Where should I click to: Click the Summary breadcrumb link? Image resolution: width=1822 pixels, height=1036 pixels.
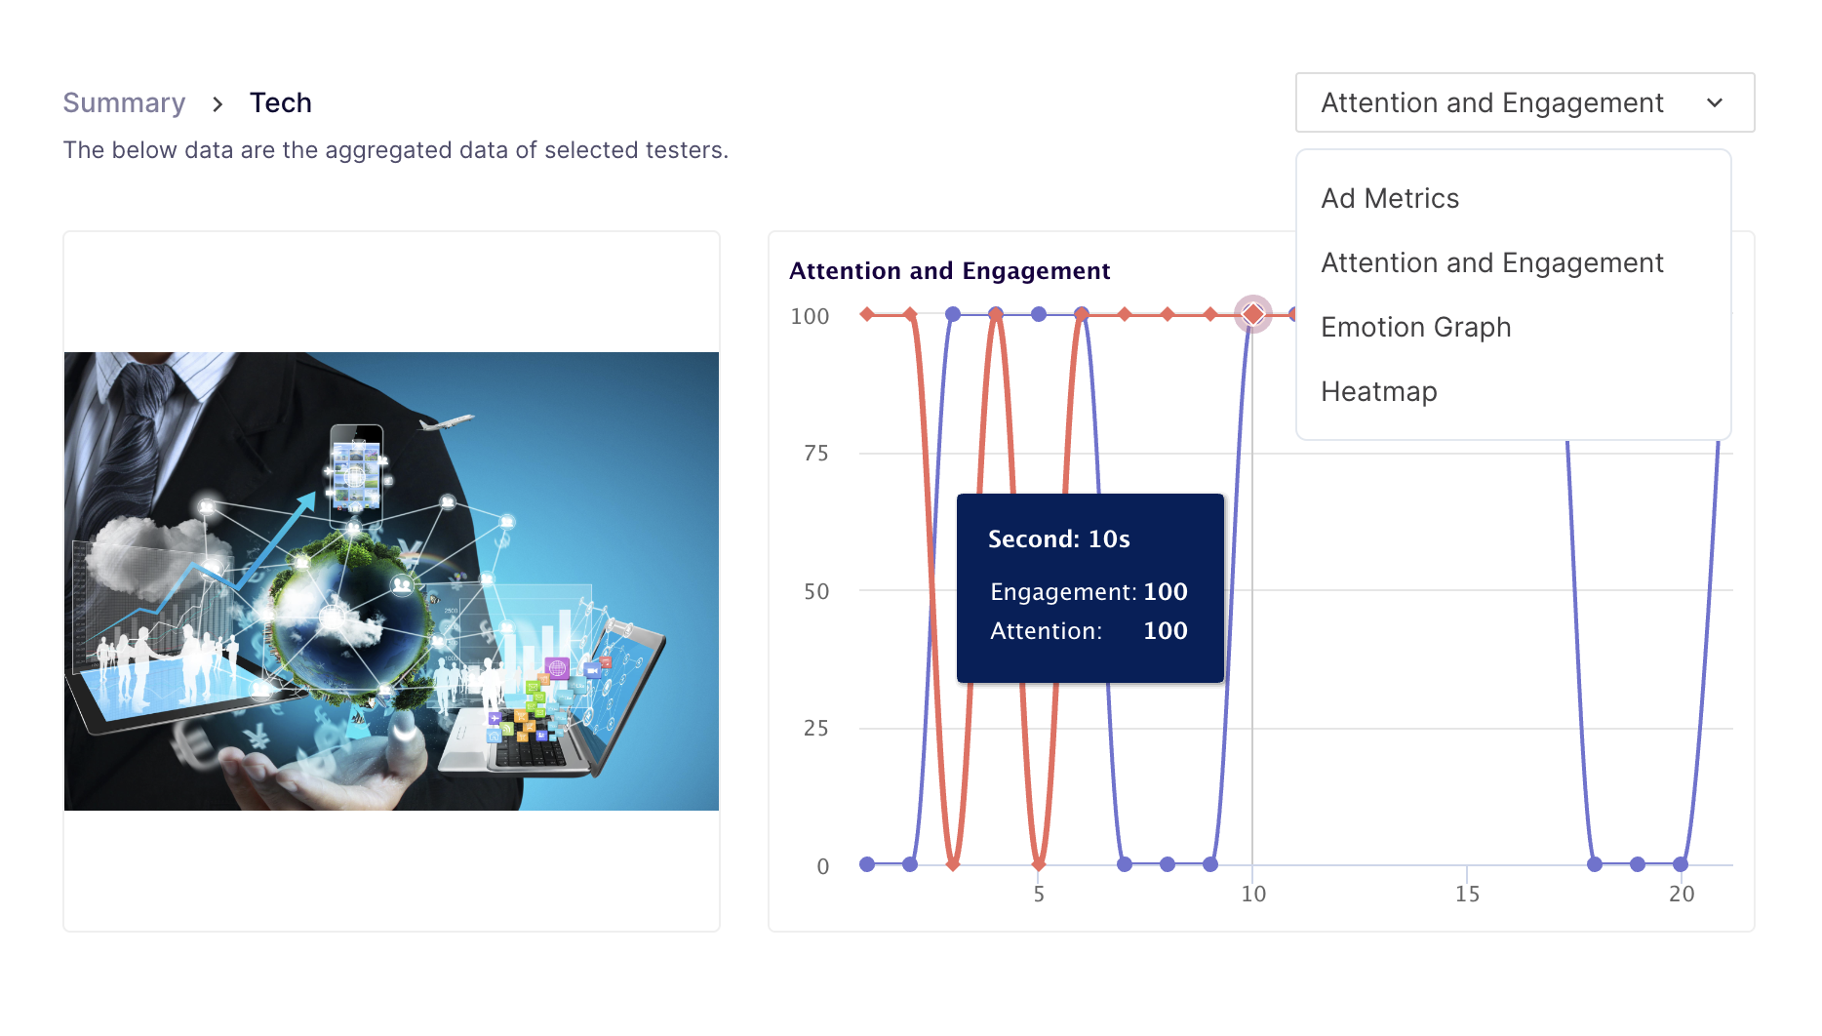(124, 103)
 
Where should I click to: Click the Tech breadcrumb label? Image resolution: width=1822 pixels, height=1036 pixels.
(281, 103)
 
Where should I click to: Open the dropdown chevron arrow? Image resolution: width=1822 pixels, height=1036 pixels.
(1715, 103)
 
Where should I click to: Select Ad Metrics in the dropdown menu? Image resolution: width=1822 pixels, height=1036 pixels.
(1390, 199)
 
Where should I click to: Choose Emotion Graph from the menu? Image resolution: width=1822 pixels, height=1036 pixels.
(1416, 328)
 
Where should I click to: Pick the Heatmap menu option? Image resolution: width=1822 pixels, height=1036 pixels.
(1379, 392)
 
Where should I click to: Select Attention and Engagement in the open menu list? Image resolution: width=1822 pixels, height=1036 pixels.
(1492, 263)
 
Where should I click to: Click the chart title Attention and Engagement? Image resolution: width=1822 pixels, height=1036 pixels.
(950, 271)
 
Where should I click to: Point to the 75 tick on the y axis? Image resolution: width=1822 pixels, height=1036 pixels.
(816, 454)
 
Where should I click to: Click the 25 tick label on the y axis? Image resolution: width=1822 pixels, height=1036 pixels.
(816, 729)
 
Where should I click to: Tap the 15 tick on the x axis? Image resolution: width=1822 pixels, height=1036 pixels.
(1467, 895)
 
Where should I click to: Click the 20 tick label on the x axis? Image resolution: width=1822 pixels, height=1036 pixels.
(1682, 895)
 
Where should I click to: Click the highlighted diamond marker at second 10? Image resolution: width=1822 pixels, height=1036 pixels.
(1253, 314)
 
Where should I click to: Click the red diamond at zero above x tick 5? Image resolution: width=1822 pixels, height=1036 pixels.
(1039, 864)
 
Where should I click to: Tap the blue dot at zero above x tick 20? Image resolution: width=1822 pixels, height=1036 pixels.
(1681, 864)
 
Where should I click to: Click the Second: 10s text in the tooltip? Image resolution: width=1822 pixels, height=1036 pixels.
(1059, 539)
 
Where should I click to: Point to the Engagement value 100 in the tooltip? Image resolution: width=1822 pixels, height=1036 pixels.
(1166, 592)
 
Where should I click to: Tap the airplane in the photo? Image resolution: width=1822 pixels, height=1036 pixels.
(446, 422)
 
